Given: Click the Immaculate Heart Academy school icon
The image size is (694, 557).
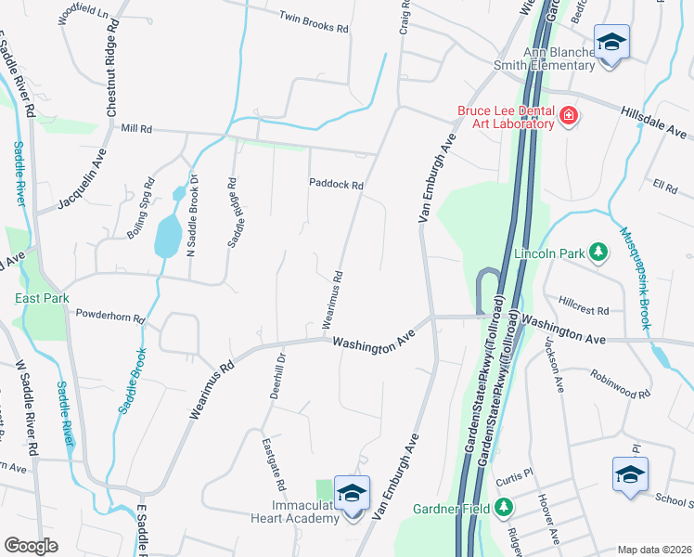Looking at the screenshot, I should [x=352, y=494].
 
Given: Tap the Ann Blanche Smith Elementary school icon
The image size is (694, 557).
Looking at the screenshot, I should [x=611, y=43].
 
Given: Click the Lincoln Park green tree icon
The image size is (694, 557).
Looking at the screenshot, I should [x=599, y=252].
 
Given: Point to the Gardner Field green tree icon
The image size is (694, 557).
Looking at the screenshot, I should [x=503, y=508].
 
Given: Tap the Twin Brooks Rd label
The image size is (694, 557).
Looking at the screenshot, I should [x=314, y=22].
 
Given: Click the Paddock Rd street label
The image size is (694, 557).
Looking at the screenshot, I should [x=336, y=185].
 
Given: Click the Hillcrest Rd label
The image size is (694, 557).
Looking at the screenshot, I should [x=584, y=310].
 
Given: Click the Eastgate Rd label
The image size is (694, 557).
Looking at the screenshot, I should [x=273, y=463].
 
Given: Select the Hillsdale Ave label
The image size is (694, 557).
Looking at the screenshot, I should [x=656, y=122].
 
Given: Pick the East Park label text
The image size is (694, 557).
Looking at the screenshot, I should [x=42, y=298].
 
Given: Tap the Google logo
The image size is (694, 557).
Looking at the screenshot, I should [x=31, y=546].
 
